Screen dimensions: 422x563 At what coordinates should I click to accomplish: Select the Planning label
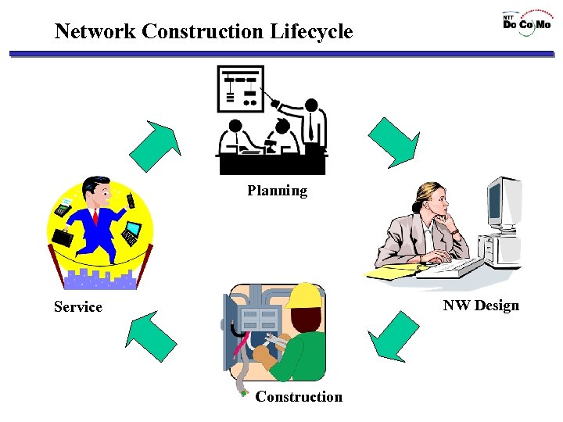[x=278, y=191]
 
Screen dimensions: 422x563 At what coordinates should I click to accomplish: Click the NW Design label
[x=481, y=306]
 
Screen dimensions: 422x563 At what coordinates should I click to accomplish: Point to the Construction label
[x=299, y=397]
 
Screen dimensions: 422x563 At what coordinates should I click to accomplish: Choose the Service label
[x=78, y=307]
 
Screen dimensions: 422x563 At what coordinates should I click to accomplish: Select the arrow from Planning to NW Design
[x=394, y=141]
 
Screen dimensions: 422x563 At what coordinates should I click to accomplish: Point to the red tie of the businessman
[x=95, y=216]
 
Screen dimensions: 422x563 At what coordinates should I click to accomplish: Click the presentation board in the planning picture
[x=241, y=88]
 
